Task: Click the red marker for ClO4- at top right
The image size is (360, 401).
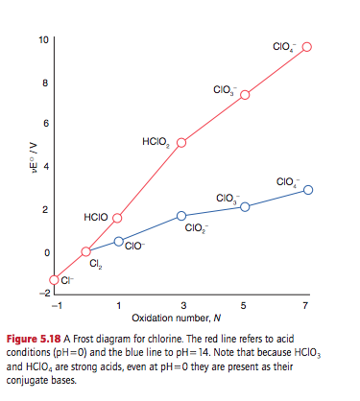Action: pyautogui.click(x=308, y=50)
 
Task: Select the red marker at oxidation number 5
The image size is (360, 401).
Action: pyautogui.click(x=245, y=95)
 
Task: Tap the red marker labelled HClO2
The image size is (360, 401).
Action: pyautogui.click(x=181, y=142)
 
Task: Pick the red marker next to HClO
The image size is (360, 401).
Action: pyautogui.click(x=118, y=218)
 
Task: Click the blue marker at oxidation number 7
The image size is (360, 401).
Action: pyautogui.click(x=308, y=190)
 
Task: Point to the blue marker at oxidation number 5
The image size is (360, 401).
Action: pyautogui.click(x=245, y=207)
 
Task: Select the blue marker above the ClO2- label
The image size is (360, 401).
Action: pyautogui.click(x=181, y=216)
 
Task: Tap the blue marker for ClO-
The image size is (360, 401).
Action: pyautogui.click(x=118, y=241)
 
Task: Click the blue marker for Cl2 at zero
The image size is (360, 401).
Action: pyautogui.click(x=85, y=251)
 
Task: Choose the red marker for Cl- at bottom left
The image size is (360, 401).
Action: pyautogui.click(x=55, y=279)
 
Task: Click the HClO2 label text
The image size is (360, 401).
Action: pyautogui.click(x=156, y=142)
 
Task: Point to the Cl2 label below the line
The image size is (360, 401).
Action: pyautogui.click(x=94, y=266)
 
